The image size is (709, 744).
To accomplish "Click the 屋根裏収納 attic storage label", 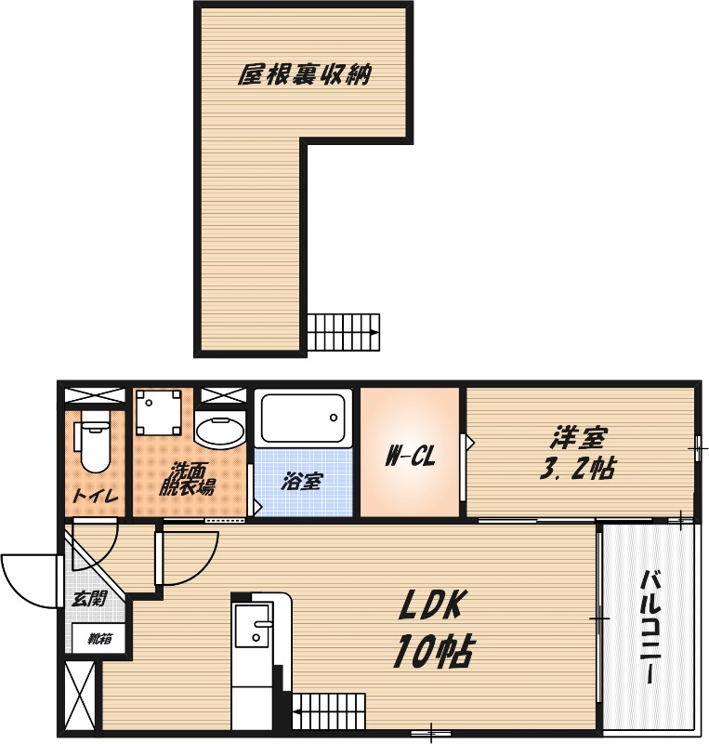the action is (304, 74).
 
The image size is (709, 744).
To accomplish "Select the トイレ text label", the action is (96, 496).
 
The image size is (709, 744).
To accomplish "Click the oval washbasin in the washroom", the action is (220, 432).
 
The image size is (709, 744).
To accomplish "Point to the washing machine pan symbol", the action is (158, 412).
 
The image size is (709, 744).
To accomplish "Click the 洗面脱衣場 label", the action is (187, 479).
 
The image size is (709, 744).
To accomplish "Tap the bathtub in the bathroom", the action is (304, 418).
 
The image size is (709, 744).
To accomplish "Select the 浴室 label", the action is (302, 481).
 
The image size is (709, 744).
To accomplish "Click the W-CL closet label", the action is (410, 457).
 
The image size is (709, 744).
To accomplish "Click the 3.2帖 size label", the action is (578, 469).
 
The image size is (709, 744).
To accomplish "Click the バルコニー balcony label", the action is (651, 627).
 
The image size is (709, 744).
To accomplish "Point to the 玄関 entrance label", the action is (88, 599).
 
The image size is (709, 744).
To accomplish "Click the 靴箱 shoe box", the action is (99, 639).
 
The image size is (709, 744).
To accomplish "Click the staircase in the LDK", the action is (329, 711).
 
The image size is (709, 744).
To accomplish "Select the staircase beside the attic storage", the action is (344, 332).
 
